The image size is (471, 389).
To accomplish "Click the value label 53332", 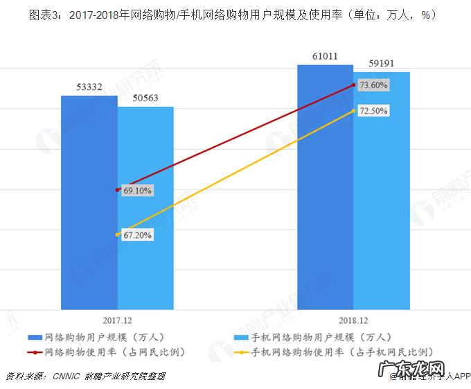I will point(89,87).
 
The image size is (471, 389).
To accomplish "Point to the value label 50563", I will point(145,98).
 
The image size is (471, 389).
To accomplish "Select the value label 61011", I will point(324,56).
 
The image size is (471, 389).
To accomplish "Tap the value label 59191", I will point(382,63).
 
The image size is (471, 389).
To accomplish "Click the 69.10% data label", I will point(137,189).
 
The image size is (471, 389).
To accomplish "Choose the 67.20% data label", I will point(137,235).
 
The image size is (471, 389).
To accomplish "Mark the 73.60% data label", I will point(374,85).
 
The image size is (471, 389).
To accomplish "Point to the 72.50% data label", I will point(373,111).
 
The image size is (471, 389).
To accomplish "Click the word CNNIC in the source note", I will point(66,376).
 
